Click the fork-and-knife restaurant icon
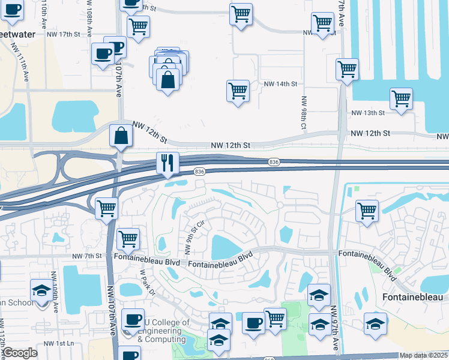(167, 163)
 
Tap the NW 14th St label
(281, 85)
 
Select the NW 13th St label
(367, 113)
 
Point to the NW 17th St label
(63, 34)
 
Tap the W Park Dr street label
(147, 283)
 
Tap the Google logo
(19, 353)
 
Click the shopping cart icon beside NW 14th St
(238, 91)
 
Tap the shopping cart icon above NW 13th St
(401, 99)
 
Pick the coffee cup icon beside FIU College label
(133, 319)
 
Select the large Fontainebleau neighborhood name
(413, 297)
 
